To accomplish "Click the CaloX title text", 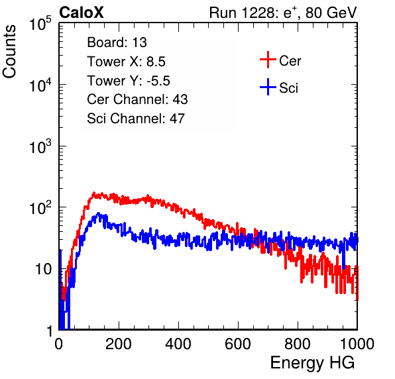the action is tap(82, 13).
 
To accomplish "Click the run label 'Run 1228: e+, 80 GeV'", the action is tap(283, 13).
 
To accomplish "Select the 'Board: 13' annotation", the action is tap(117, 42).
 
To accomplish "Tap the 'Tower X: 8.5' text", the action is tap(126, 62).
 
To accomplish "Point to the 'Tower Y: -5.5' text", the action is tap(129, 81).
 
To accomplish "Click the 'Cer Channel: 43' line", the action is tap(137, 99).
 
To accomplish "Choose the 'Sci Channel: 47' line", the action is tap(136, 119).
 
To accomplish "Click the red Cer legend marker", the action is tap(268, 60).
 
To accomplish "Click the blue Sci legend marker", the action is tap(268, 87).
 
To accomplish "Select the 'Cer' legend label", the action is tap(290, 61).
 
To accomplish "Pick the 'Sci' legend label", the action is tap(288, 88).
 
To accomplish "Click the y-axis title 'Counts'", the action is tap(9, 52).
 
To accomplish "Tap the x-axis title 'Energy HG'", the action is tap(312, 363).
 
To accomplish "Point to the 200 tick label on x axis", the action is tap(119, 344).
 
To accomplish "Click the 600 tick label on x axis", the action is tap(238, 344).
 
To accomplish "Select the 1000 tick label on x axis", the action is tap(357, 344).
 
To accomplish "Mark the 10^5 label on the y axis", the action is tap(40, 24).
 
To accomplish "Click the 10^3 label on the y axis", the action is tap(40, 146).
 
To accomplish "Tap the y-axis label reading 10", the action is tap(43, 270).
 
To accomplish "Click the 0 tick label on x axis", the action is tap(59, 344).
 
